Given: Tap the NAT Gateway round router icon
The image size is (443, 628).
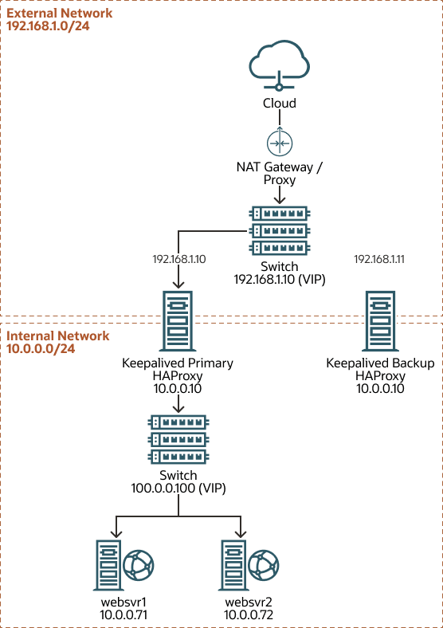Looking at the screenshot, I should click(x=279, y=143).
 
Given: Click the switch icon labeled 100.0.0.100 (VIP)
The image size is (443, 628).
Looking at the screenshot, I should click(x=178, y=438).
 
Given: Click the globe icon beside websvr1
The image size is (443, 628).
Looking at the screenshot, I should click(x=139, y=566).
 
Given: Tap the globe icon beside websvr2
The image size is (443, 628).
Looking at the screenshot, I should click(x=263, y=566).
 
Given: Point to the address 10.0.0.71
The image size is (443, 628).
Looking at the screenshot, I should click(x=119, y=615).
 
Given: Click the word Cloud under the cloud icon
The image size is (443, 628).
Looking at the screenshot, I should click(x=279, y=103).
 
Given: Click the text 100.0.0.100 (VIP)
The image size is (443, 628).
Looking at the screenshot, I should click(x=178, y=488).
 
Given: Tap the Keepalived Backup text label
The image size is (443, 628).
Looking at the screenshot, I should click(x=381, y=363).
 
